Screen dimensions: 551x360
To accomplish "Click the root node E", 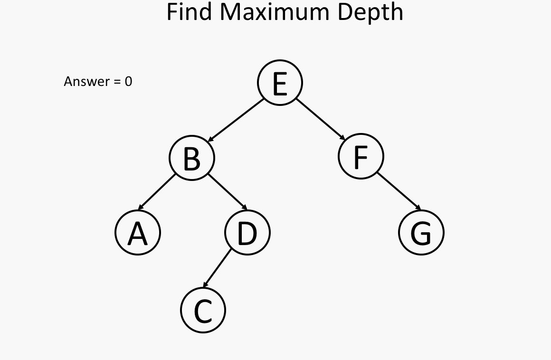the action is point(280,83).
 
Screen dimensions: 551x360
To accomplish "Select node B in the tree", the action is point(191,158).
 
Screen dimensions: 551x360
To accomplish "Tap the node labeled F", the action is point(361,156).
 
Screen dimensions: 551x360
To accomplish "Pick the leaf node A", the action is point(138,233).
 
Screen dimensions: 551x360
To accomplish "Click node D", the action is point(247,233).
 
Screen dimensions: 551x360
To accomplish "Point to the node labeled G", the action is point(421,233).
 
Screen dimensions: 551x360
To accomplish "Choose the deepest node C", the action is point(203,310).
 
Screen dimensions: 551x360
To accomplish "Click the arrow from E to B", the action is point(236,120).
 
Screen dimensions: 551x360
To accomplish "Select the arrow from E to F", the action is point(321,119).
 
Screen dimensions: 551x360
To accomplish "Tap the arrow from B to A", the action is point(157,192).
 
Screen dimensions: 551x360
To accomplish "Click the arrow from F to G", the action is point(399,191).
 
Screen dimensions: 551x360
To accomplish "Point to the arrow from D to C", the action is point(217,268).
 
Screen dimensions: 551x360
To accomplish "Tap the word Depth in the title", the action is point(370,13).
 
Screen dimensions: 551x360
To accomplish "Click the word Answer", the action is point(87,82).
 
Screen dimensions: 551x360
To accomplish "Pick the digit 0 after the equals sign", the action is point(128,82).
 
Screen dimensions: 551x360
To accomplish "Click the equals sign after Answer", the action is point(117,82).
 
